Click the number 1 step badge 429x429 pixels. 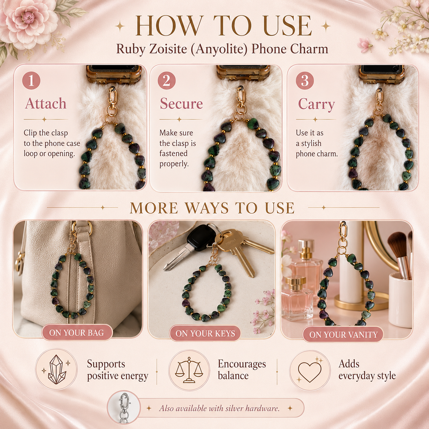click(x=31, y=81)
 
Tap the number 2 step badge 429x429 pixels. click(x=166, y=81)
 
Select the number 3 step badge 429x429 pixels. click(x=305, y=81)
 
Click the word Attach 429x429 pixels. click(x=46, y=104)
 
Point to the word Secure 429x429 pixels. click(x=181, y=104)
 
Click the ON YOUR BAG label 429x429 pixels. click(x=77, y=332)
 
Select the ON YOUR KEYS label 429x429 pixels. click(x=205, y=333)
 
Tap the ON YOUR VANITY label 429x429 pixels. click(x=343, y=334)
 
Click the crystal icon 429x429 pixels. click(x=57, y=369)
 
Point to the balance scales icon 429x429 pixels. click(x=189, y=370)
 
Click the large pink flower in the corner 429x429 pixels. click(x=27, y=22)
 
